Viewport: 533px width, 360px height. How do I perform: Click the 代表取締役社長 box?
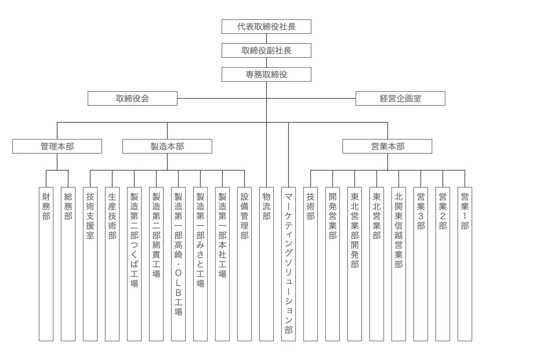266,27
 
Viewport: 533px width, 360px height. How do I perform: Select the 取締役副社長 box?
266,51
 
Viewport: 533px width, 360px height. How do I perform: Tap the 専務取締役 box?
266,74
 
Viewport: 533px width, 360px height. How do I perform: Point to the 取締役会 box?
132,99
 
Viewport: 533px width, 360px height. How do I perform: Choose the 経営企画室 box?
400,99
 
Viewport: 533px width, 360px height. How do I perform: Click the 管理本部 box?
57,146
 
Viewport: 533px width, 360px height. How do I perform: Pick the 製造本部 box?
167,146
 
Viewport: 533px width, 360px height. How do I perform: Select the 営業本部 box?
387,146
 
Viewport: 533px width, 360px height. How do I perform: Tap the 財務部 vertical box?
46,264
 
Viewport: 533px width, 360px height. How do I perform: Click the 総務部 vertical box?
68,264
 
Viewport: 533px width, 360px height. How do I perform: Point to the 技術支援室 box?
90,264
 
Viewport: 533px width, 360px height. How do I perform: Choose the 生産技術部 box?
112,264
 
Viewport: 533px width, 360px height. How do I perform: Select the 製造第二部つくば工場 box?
134,264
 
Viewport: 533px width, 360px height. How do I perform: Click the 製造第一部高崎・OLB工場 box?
178,264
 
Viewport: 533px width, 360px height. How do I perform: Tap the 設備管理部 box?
244,264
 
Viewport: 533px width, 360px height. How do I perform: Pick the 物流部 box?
266,264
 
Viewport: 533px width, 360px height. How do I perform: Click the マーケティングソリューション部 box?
289,264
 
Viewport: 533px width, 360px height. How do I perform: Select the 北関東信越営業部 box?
399,264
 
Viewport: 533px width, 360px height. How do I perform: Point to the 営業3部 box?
421,264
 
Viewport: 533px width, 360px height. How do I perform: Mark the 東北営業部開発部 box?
355,264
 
